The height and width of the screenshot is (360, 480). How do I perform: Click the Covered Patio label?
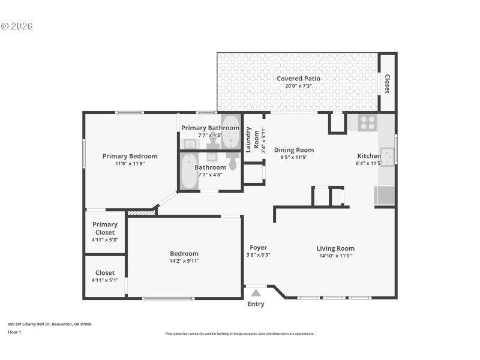click(298, 79)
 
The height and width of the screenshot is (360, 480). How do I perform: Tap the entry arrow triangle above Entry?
click(256, 293)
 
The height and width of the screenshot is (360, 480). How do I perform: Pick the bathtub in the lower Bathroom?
click(189, 172)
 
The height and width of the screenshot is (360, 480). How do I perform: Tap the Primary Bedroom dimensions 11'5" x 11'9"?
click(130, 163)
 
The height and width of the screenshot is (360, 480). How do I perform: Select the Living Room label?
click(335, 248)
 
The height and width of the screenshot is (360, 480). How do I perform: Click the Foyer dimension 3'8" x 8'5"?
click(259, 255)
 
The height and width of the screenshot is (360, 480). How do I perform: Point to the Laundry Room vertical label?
click(252, 140)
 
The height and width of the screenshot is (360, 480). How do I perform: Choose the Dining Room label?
click(294, 150)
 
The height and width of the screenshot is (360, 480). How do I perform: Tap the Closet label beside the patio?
click(387, 84)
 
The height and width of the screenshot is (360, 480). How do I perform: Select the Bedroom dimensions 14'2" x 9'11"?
click(184, 261)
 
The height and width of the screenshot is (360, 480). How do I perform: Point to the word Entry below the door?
click(256, 304)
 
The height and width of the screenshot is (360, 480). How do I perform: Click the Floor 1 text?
click(14, 332)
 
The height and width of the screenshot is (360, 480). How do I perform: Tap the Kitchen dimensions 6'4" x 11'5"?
click(368, 163)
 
